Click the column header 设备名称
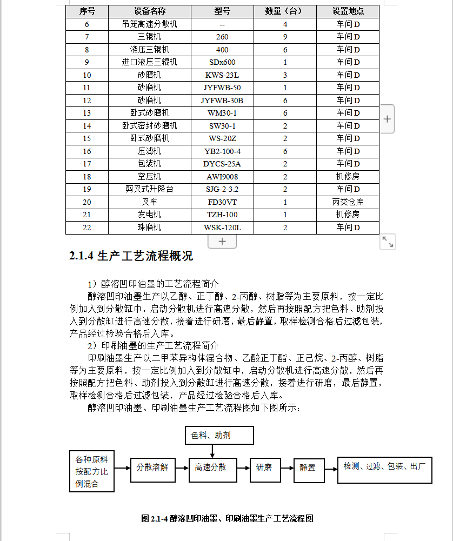click(150, 11)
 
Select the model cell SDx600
click(222, 62)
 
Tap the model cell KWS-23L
click(222, 75)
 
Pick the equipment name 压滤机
click(150, 151)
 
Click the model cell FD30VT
click(222, 202)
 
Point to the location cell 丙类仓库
click(348, 202)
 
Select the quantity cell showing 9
click(285, 37)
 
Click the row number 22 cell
click(87, 228)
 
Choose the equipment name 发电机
click(150, 215)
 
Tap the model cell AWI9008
click(222, 177)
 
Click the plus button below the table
click(222, 241)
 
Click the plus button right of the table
click(387, 119)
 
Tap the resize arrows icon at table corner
click(388, 242)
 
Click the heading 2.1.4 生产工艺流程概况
click(131, 256)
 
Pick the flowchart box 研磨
click(264, 467)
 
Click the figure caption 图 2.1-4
click(227, 518)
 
